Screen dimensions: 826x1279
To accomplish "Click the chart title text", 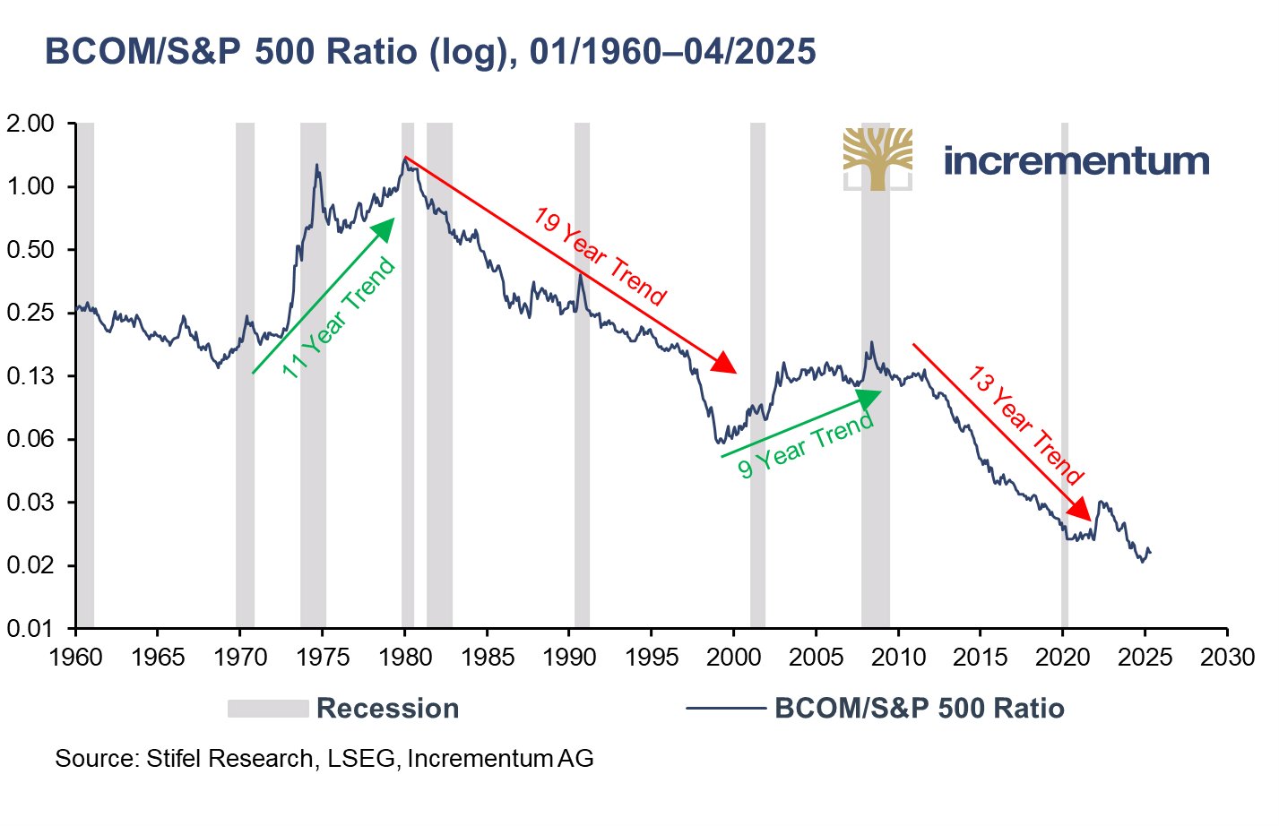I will [430, 52].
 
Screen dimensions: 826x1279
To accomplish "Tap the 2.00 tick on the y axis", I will [30, 124].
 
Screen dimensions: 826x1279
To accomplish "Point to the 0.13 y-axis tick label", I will [30, 376].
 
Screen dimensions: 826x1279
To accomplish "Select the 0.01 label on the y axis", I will [30, 629].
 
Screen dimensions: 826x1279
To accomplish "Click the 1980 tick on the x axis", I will [404, 658].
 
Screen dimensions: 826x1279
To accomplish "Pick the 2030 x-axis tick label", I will [1227, 658].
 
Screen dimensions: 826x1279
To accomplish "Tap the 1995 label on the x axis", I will [652, 658].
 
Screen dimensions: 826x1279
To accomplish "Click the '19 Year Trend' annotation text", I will [599, 256].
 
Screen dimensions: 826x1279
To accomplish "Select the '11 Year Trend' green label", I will [339, 317].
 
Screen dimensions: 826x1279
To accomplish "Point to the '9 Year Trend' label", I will [806, 445].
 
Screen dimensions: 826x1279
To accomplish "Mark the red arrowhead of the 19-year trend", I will [725, 365].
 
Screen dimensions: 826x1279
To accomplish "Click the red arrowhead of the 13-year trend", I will [1081, 510].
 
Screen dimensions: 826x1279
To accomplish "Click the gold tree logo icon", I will [877, 158].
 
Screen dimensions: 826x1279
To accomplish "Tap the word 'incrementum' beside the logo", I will [1076, 161].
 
